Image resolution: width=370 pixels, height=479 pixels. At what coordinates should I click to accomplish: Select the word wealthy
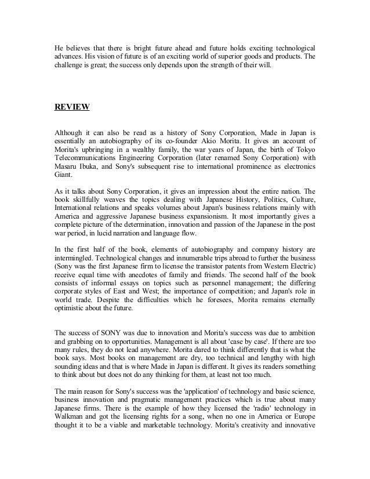(149, 150)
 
